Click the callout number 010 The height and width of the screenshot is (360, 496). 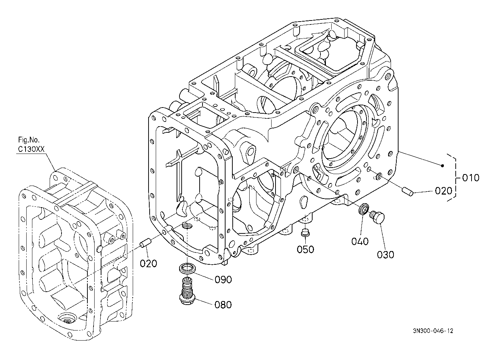click(x=470, y=178)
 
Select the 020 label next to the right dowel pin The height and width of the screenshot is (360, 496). click(x=443, y=191)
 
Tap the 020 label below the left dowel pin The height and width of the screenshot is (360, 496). click(x=148, y=263)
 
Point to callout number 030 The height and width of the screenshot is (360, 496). click(x=385, y=255)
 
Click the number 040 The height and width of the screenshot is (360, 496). click(x=360, y=241)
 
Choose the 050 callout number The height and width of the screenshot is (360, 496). click(x=305, y=250)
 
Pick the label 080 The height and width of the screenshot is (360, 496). click(x=223, y=305)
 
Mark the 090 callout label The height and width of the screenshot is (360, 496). click(x=223, y=280)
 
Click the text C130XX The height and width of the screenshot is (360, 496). click(x=31, y=149)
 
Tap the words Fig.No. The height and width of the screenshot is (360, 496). click(x=29, y=140)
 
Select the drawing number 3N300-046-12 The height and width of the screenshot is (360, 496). click(x=433, y=331)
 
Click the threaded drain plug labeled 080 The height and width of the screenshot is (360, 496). click(x=187, y=291)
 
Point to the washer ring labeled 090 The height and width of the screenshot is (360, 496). click(x=187, y=268)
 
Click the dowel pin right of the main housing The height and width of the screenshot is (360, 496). click(x=408, y=192)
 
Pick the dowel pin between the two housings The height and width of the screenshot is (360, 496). click(x=145, y=242)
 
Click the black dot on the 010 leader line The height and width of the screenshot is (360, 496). click(x=442, y=165)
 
